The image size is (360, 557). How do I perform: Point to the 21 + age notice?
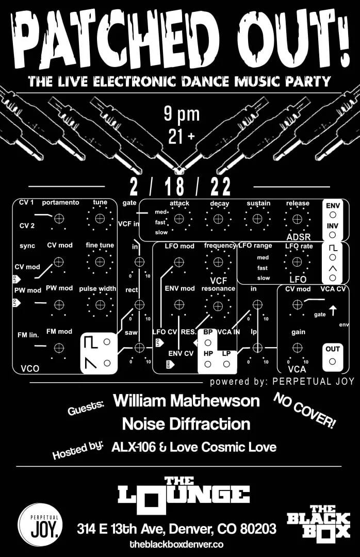(x=180, y=136)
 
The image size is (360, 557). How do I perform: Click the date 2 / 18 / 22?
(x=181, y=186)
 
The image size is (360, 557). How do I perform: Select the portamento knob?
(x=59, y=219)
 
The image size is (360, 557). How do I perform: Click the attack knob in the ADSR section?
(x=179, y=219)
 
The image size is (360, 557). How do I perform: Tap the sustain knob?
(x=258, y=219)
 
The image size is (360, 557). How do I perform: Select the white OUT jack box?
(x=333, y=355)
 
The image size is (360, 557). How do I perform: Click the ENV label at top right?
(x=333, y=205)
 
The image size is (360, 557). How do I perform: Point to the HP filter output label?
(x=208, y=353)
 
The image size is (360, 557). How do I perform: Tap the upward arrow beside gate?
(x=333, y=310)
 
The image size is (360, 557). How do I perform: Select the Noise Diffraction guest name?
(x=186, y=424)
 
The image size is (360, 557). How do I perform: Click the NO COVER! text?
(x=304, y=411)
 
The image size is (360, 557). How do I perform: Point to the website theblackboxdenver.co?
(x=176, y=544)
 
